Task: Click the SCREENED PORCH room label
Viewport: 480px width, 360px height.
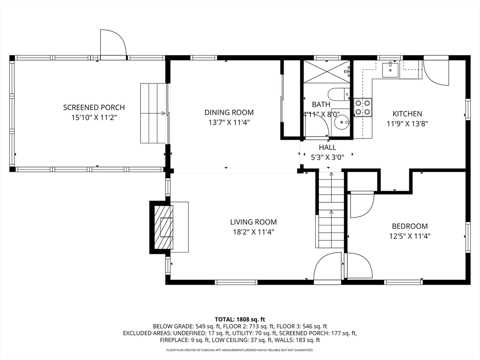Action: (94, 107)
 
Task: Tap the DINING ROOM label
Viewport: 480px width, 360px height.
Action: (229, 112)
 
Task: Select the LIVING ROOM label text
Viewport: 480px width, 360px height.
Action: (254, 222)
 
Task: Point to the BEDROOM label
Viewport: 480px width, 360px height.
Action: (410, 226)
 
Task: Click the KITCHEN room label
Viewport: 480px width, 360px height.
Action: (407, 114)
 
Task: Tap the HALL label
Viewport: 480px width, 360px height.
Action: (328, 148)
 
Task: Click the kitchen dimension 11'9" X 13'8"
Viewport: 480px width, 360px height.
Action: (407, 124)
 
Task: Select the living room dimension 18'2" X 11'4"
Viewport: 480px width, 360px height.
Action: (254, 232)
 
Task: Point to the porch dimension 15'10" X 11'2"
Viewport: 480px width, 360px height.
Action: (94, 118)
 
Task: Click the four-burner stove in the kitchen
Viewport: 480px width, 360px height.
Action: (363, 108)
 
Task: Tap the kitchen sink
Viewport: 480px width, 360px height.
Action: (390, 69)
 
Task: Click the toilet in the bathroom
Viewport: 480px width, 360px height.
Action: (339, 94)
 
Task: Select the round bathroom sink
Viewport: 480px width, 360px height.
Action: (341, 123)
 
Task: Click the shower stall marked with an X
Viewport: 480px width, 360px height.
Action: (327, 72)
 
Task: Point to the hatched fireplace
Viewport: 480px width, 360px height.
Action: (164, 227)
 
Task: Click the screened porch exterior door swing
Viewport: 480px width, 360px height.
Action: (113, 43)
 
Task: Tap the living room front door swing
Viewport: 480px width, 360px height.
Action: (328, 266)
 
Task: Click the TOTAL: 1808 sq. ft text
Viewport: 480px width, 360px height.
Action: (240, 320)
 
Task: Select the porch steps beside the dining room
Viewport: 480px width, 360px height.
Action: (153, 113)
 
